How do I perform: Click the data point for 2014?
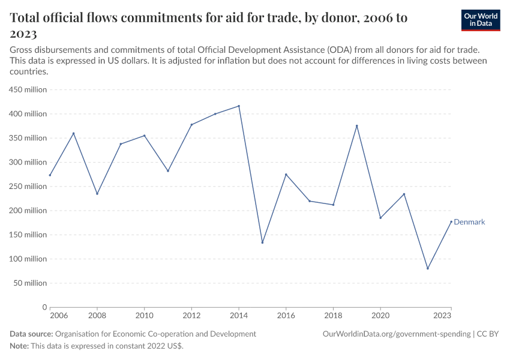(239, 106)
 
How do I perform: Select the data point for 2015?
(262, 242)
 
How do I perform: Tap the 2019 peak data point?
(357, 126)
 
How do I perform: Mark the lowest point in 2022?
(428, 268)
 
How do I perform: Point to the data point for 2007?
(73, 133)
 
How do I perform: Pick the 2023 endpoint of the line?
(451, 221)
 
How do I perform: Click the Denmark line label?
(469, 222)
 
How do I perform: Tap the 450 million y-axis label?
(28, 90)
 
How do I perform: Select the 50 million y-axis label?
(29, 283)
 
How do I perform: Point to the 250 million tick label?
(28, 187)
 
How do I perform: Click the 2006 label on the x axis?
(58, 315)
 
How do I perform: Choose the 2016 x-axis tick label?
(286, 315)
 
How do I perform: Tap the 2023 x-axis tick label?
(442, 315)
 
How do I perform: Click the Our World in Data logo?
(480, 20)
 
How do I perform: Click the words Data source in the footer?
(31, 334)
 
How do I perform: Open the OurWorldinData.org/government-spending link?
(396, 334)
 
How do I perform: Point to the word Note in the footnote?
(19, 346)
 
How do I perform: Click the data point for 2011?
(168, 171)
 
